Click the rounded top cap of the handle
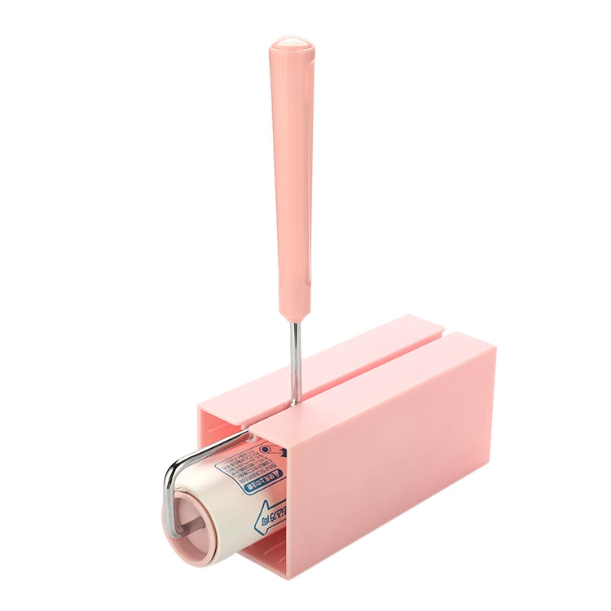click(291, 42)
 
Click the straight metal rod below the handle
click(293, 358)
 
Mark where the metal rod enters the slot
click(294, 401)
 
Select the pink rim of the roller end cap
click(205, 553)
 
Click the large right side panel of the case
click(391, 456)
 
